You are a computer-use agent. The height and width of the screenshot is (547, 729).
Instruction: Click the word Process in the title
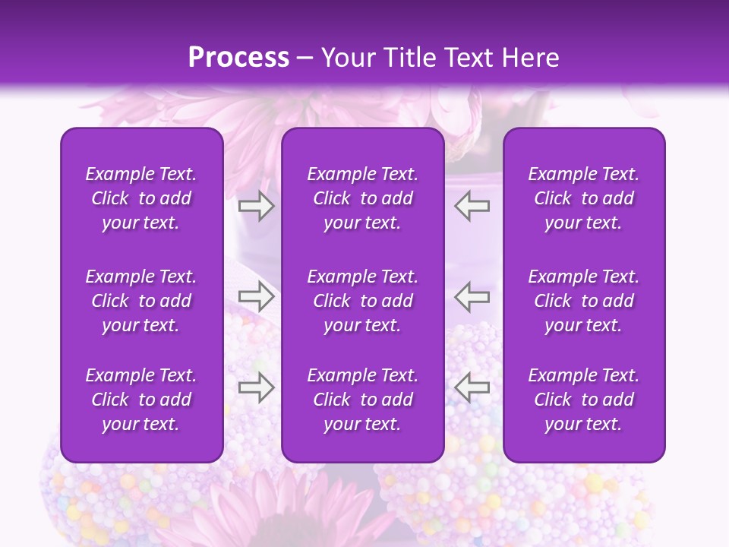[238, 57]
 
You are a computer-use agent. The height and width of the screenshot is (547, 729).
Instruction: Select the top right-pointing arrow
[256, 206]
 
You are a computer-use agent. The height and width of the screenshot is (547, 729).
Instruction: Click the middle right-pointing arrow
[256, 296]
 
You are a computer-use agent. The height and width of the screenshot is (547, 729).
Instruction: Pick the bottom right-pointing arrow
[256, 387]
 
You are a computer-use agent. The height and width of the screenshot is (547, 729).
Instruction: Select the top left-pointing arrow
[472, 206]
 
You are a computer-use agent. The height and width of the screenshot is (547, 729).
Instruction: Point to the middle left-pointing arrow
[472, 296]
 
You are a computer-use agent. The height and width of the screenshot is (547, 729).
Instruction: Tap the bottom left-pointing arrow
[472, 387]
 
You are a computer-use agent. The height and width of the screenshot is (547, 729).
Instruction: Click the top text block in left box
[141, 198]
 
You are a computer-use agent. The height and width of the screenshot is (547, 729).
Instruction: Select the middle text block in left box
[141, 301]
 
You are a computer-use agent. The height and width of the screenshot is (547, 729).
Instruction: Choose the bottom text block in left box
[141, 400]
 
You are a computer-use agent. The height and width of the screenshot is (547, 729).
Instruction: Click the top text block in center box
[363, 198]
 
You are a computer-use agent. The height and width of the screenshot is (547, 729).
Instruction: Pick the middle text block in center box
[363, 301]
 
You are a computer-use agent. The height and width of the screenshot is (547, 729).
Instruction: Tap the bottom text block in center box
[363, 400]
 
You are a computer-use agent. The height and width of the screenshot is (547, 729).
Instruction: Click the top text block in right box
[584, 198]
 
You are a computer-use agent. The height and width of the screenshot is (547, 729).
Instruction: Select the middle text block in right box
[584, 301]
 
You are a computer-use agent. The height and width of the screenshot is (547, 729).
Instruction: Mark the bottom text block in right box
[584, 400]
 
